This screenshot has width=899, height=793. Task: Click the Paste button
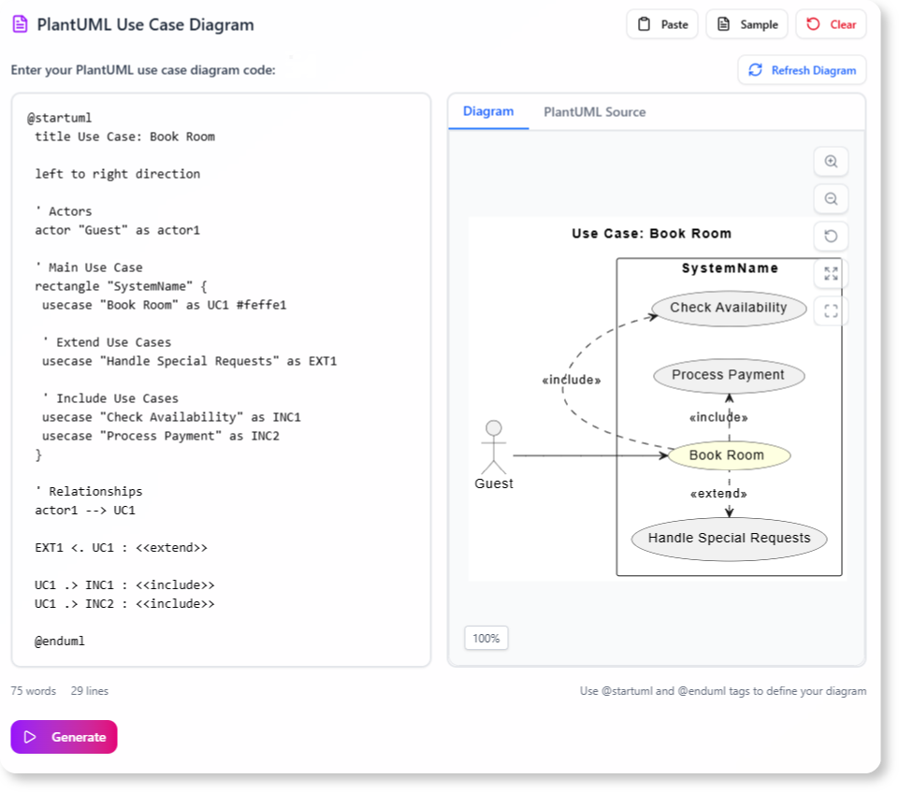click(662, 24)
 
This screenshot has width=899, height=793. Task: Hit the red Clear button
click(831, 24)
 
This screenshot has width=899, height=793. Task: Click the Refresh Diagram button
click(802, 70)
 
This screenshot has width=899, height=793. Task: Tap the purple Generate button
click(65, 737)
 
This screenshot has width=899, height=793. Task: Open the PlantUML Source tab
click(594, 112)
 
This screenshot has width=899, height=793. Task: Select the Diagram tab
click(488, 112)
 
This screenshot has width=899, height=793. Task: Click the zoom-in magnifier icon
click(831, 162)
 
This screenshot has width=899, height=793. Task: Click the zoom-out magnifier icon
click(831, 199)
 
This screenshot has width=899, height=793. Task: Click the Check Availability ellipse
click(728, 308)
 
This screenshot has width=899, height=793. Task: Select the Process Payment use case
click(728, 375)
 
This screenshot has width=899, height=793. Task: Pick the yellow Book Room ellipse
click(727, 455)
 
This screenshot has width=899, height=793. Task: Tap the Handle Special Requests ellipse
click(729, 538)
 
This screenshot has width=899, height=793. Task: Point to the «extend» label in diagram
click(718, 494)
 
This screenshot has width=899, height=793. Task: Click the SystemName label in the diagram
click(730, 268)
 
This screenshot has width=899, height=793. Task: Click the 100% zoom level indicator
click(486, 639)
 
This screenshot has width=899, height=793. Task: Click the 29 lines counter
click(89, 691)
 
